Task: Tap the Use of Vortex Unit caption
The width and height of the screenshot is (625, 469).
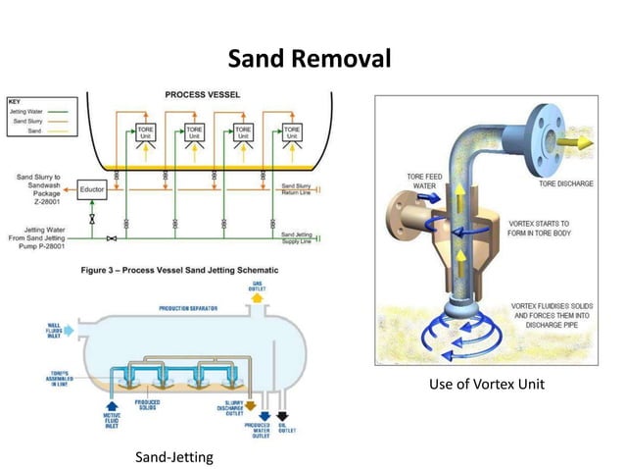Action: [x=486, y=384]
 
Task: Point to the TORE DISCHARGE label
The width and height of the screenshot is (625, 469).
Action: [x=565, y=183]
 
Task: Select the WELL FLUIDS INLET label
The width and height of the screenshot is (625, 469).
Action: [x=52, y=331]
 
